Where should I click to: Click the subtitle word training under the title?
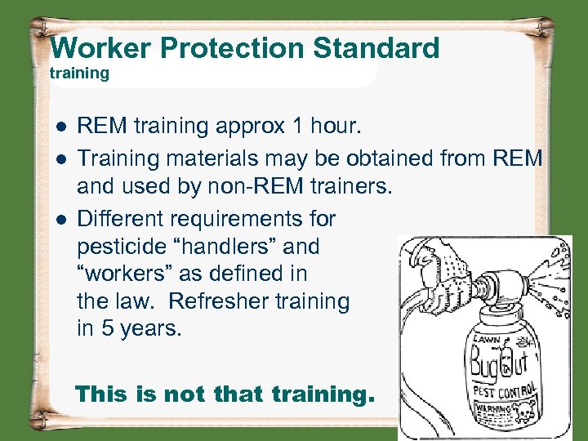point(79,73)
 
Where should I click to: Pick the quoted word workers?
point(122,274)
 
